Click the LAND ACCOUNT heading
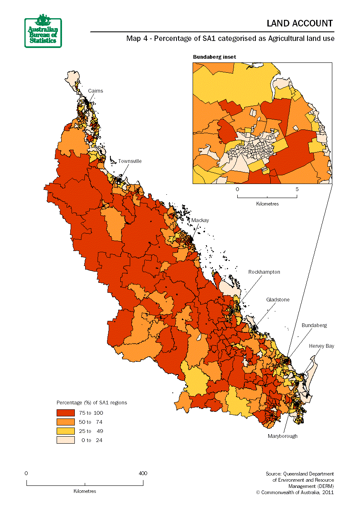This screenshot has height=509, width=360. (300, 24)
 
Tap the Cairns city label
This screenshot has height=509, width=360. (95, 91)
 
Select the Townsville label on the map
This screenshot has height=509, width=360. (130, 161)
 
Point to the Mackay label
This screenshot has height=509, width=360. (200, 220)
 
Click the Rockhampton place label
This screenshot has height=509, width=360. (264, 272)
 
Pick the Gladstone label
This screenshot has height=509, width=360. (278, 300)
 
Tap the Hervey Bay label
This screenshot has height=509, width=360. (322, 346)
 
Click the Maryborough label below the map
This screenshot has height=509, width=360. (282, 436)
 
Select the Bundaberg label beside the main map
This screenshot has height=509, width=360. (314, 325)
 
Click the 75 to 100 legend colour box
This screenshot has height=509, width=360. (66, 413)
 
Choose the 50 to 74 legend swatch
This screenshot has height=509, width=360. (66, 422)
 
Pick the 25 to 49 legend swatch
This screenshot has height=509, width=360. (66, 431)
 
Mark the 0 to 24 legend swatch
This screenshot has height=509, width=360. (66, 440)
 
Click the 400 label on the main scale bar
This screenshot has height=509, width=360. (143, 473)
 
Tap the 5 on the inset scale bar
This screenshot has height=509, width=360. (297, 189)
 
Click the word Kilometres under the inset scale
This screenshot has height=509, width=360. (267, 204)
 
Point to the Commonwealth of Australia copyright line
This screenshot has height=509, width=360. (295, 492)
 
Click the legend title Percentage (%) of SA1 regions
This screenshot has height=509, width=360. (92, 402)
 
